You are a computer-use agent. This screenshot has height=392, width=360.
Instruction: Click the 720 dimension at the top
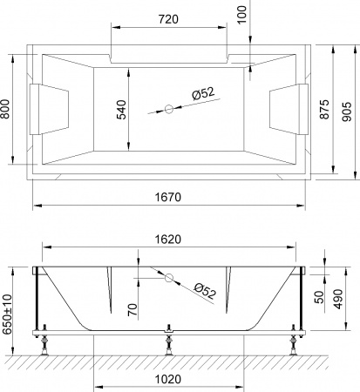170,17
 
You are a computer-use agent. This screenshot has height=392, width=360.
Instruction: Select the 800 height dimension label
7,109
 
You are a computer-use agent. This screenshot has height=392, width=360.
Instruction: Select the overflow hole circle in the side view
170,279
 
